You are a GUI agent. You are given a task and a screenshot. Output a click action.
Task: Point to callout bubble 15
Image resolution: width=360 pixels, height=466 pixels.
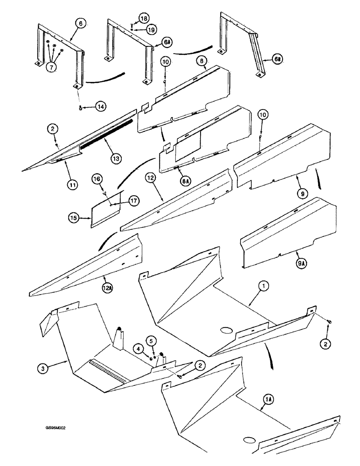(x=74, y=218)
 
